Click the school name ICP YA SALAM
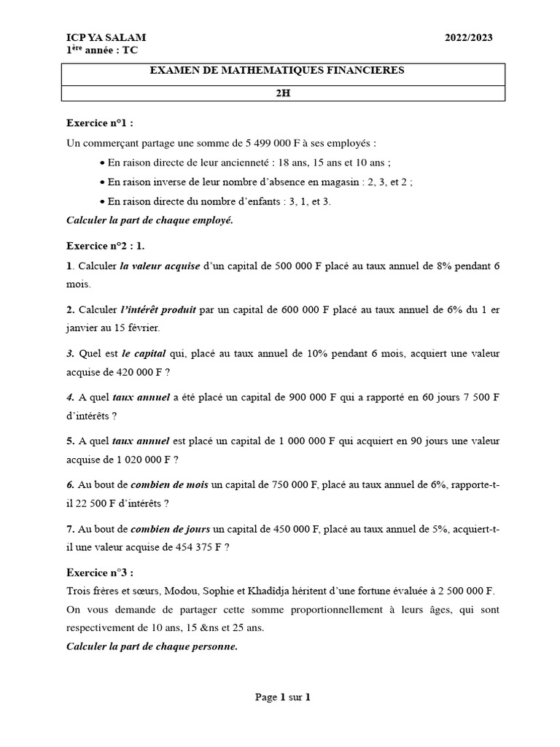[106, 37]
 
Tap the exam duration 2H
[282, 93]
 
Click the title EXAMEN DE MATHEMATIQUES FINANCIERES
[276, 71]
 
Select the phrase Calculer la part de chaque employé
[149, 221]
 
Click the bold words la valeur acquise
[160, 266]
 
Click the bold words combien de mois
[169, 485]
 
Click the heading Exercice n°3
[100, 573]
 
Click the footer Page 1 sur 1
[283, 697]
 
